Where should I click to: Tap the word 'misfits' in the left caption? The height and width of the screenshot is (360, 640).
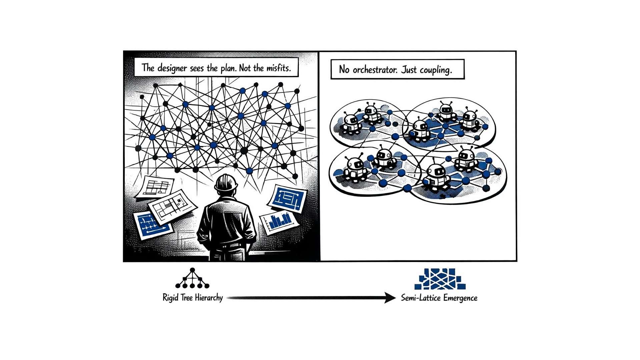point(278,68)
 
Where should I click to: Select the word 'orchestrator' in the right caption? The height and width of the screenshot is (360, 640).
point(375,70)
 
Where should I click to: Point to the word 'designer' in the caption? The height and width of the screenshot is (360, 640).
point(172,68)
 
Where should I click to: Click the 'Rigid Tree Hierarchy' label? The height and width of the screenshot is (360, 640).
point(192,298)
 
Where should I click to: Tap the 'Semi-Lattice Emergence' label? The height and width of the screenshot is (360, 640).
point(439,298)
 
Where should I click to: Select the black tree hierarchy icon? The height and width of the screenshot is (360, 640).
point(192,278)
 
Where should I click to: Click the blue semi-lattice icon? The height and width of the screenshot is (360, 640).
point(440,279)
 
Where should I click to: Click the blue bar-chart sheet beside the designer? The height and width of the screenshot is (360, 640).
point(279,221)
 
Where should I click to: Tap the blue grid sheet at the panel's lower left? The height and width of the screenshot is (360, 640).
point(152,224)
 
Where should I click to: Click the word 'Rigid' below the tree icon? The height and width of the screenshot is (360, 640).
point(170,298)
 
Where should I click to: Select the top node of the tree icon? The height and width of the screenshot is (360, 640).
point(192,270)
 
